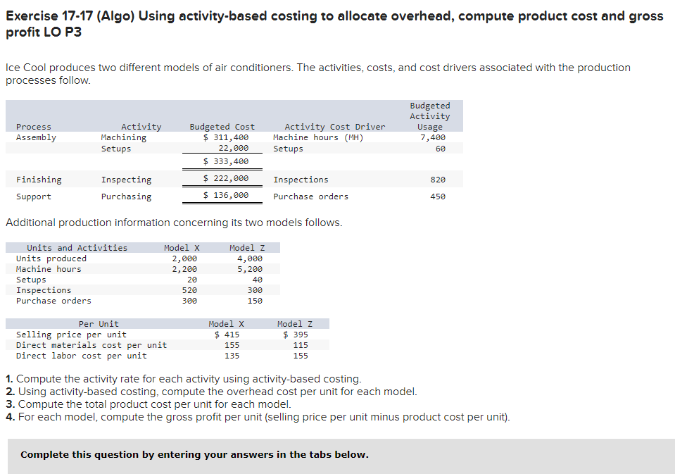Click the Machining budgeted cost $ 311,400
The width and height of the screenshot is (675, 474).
coord(226,137)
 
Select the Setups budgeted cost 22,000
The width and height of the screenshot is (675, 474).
coord(233,149)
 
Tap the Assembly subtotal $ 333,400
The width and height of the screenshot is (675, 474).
coord(226,162)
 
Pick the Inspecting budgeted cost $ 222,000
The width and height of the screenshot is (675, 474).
coord(226,180)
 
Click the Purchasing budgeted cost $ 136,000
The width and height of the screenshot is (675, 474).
coord(226,196)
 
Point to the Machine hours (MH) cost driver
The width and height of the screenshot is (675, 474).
coord(318,137)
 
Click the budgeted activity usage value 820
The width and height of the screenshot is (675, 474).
coord(438,180)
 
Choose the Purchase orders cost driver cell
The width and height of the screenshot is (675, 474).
coord(310,197)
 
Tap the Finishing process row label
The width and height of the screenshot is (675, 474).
coord(39,180)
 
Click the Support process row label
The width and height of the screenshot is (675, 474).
coord(33,197)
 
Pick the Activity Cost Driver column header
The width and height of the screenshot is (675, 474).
coord(334,127)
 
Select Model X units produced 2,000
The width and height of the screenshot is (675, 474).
coord(184,258)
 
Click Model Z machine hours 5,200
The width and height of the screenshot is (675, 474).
coord(250,269)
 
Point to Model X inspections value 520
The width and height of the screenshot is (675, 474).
coord(189,290)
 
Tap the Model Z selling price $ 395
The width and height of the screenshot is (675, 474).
coord(296,335)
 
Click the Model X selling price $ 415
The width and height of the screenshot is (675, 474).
coord(227,335)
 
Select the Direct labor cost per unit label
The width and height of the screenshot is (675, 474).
coord(81,356)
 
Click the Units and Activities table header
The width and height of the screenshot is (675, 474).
coord(77,248)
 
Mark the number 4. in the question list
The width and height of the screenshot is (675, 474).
coord(10,417)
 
